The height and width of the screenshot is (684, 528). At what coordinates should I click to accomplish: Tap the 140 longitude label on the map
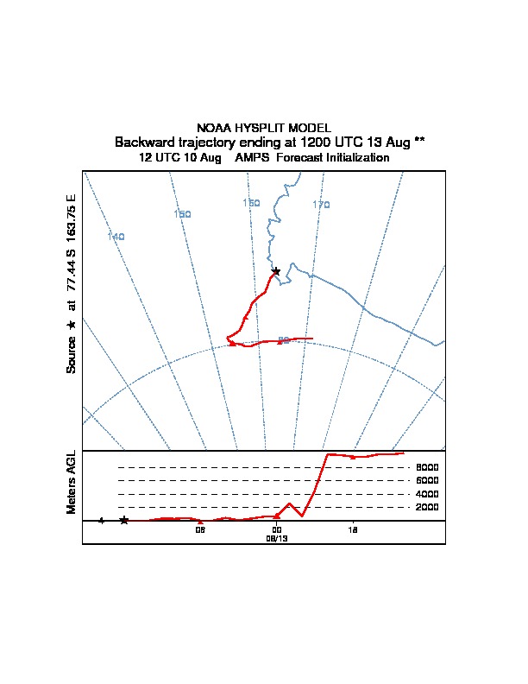click(116, 237)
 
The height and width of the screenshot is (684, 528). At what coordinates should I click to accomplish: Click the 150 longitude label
click(182, 214)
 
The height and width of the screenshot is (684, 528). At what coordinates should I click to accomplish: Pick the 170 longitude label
click(321, 206)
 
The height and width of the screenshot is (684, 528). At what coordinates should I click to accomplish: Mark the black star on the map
click(276, 271)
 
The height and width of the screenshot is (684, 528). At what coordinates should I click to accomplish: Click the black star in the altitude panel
click(124, 520)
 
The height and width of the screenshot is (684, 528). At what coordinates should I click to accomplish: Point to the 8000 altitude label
click(427, 467)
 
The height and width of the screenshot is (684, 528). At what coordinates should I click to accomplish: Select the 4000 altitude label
click(427, 494)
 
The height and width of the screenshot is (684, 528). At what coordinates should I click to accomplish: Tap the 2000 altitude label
click(427, 507)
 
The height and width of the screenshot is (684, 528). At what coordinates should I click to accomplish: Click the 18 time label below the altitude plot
click(353, 529)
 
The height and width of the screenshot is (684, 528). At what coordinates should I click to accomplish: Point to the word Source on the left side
click(72, 353)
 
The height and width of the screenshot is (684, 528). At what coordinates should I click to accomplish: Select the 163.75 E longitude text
click(72, 218)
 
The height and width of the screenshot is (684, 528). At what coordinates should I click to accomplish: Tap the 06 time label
click(200, 529)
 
